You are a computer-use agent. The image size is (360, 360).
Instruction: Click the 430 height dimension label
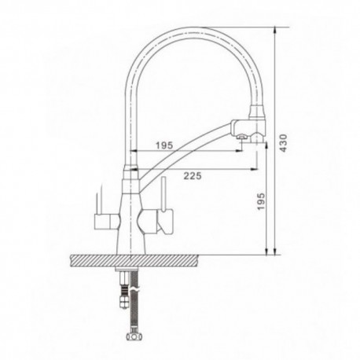[x=283, y=143]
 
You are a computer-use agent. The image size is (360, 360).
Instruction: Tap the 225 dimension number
[x=193, y=176]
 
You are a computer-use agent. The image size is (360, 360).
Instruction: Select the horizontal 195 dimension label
[x=164, y=145]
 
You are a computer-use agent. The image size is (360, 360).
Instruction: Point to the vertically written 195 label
[x=261, y=201]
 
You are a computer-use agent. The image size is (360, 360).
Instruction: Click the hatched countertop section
[x=134, y=261]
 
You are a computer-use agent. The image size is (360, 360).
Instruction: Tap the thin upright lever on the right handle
[x=163, y=194]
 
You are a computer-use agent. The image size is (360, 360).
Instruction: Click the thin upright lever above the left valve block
[x=97, y=203]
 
